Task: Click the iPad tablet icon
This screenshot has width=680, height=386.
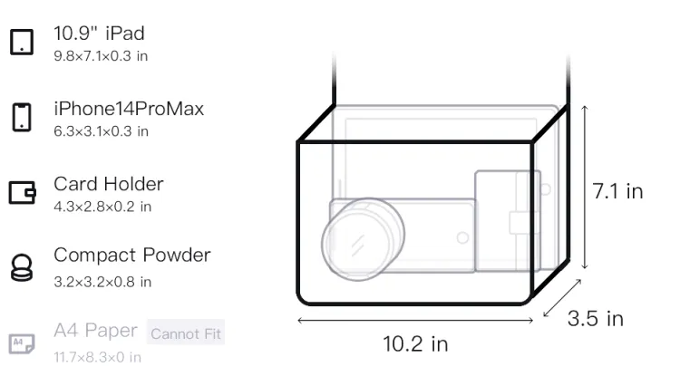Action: click(22, 42)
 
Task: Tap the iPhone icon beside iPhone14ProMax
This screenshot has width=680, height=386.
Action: click(22, 117)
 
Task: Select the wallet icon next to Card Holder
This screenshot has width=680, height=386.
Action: click(22, 192)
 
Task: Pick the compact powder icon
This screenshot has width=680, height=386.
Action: click(22, 267)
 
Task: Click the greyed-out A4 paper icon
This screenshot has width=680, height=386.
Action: click(22, 343)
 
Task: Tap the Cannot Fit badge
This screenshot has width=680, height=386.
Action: click(186, 333)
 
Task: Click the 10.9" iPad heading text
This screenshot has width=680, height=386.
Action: click(99, 34)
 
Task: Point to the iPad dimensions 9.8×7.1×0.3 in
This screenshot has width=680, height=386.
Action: click(101, 56)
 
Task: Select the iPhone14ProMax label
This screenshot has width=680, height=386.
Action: click(129, 109)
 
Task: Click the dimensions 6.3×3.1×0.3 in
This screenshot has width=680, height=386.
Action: click(101, 131)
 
